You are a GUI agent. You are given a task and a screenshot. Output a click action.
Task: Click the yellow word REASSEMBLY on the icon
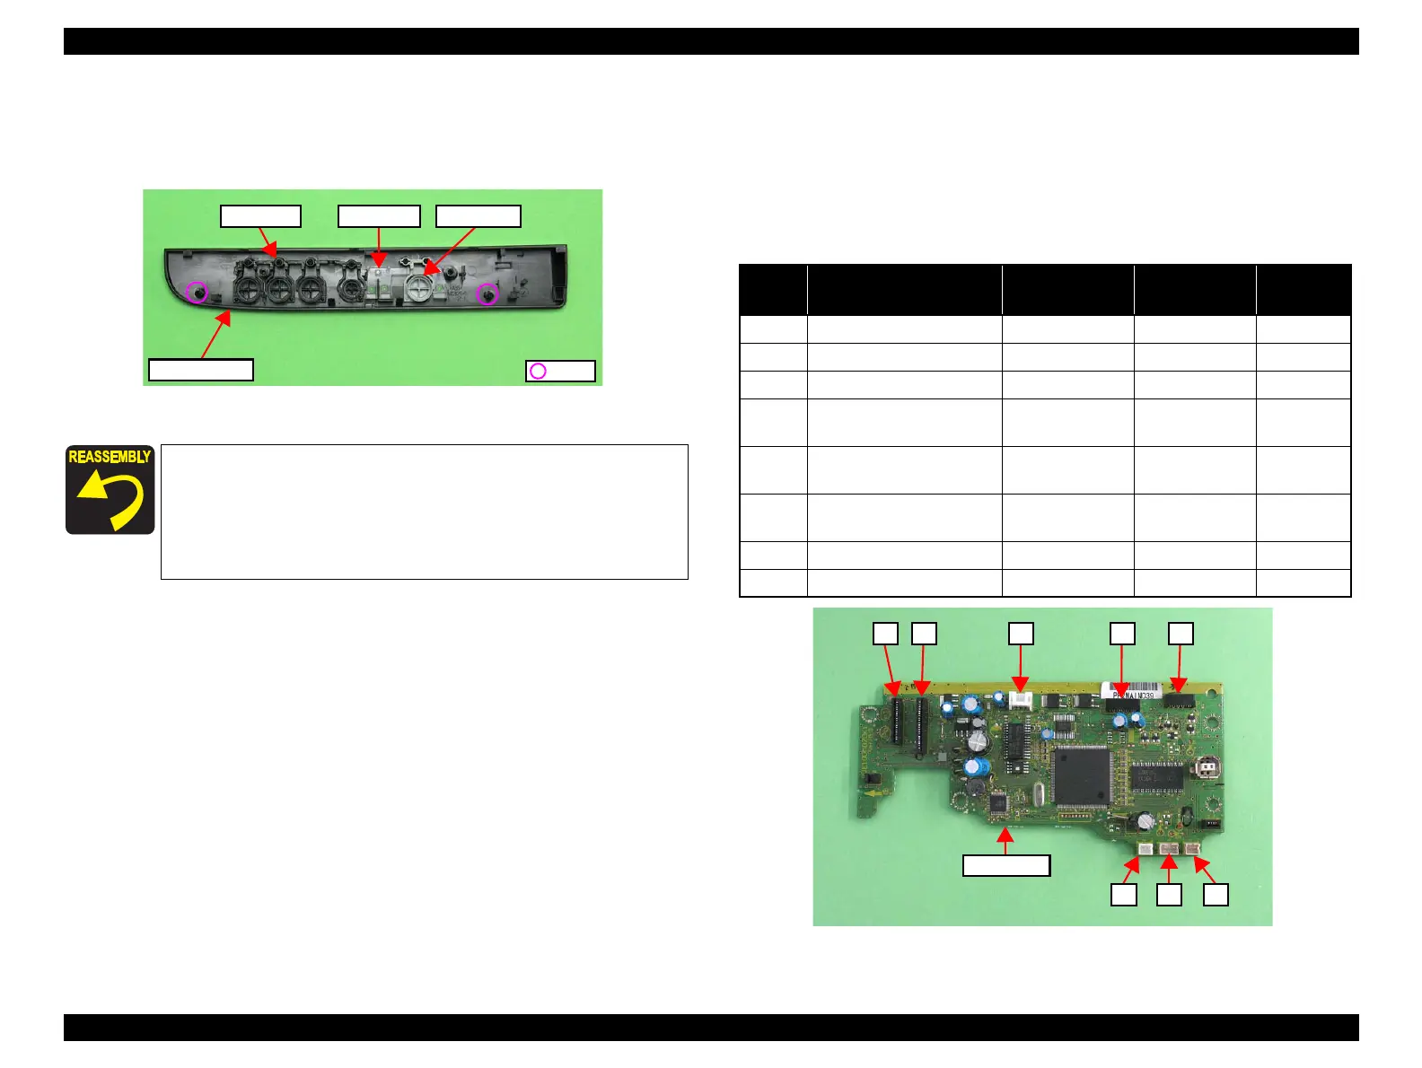click(x=110, y=457)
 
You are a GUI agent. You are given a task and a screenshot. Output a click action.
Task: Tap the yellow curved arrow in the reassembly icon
click(x=113, y=500)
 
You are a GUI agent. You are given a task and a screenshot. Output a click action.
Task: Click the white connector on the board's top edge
click(x=1021, y=701)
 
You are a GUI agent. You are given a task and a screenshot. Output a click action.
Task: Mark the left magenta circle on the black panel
click(x=197, y=292)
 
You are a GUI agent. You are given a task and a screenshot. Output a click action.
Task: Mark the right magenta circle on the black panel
click(x=487, y=293)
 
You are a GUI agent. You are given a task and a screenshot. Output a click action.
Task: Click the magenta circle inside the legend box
click(x=538, y=372)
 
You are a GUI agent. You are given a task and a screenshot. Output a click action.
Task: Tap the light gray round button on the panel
click(x=419, y=287)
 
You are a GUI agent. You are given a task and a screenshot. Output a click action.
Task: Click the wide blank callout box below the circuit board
click(x=1005, y=865)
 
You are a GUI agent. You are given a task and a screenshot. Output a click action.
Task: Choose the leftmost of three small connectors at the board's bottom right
click(x=1145, y=849)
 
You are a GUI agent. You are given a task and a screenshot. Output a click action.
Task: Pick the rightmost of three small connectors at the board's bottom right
click(x=1192, y=849)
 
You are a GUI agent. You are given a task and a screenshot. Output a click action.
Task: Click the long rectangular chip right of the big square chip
click(x=1158, y=776)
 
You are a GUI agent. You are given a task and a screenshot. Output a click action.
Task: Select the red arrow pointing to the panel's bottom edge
click(x=216, y=333)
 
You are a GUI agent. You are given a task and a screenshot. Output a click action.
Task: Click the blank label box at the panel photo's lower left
click(x=200, y=370)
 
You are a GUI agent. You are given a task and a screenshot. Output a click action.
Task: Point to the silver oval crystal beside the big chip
click(x=1039, y=793)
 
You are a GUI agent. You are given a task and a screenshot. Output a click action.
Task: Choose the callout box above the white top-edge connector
click(x=1021, y=634)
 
